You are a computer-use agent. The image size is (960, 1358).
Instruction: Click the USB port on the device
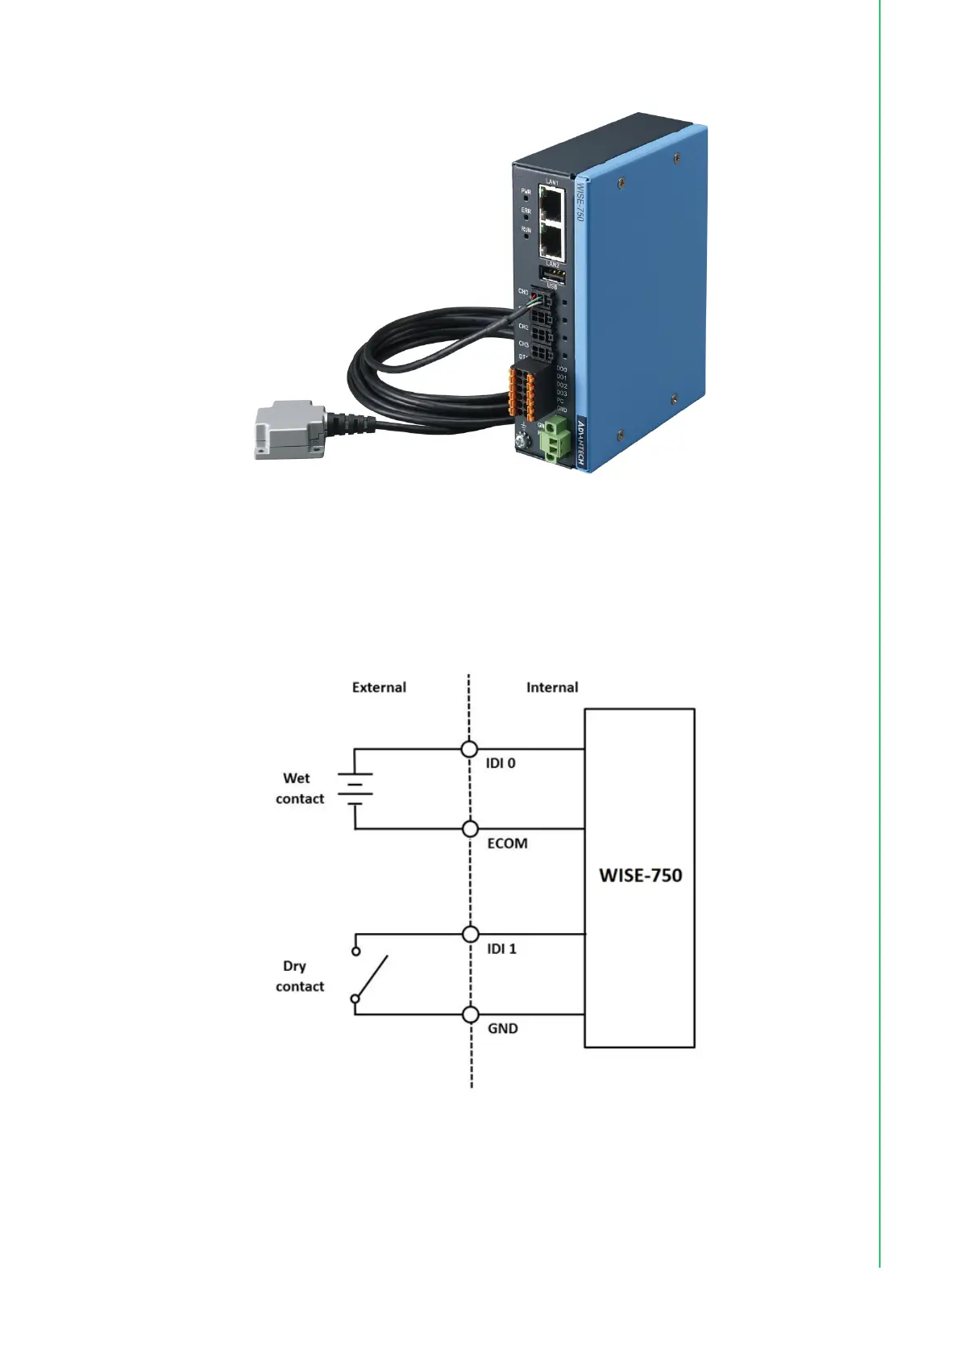tap(552, 276)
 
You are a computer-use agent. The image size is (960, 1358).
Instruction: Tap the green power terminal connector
tap(555, 440)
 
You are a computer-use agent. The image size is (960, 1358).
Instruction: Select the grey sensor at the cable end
tap(289, 429)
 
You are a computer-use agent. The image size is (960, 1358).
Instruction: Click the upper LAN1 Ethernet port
tap(552, 203)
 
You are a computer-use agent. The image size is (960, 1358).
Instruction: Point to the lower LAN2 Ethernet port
tap(552, 240)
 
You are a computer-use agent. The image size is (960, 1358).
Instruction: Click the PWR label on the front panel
tap(526, 192)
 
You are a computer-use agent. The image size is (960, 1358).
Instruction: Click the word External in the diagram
tap(379, 688)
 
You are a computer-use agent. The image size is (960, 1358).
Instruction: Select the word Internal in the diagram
tap(552, 688)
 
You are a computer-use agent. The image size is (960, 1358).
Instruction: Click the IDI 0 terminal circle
tap(469, 749)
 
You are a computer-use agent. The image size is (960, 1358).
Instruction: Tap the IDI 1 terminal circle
tap(471, 935)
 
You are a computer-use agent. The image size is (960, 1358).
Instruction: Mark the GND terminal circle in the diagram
tap(471, 1014)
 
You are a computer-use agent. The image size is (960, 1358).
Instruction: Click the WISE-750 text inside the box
tap(640, 876)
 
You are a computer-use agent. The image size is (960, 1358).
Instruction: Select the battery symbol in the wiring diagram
tap(355, 789)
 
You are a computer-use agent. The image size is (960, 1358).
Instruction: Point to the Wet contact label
tap(299, 789)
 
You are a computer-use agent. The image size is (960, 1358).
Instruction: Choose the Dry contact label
tap(299, 977)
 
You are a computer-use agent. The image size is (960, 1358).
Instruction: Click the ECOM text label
tap(507, 844)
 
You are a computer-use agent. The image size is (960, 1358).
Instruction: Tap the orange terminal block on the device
tap(520, 394)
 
